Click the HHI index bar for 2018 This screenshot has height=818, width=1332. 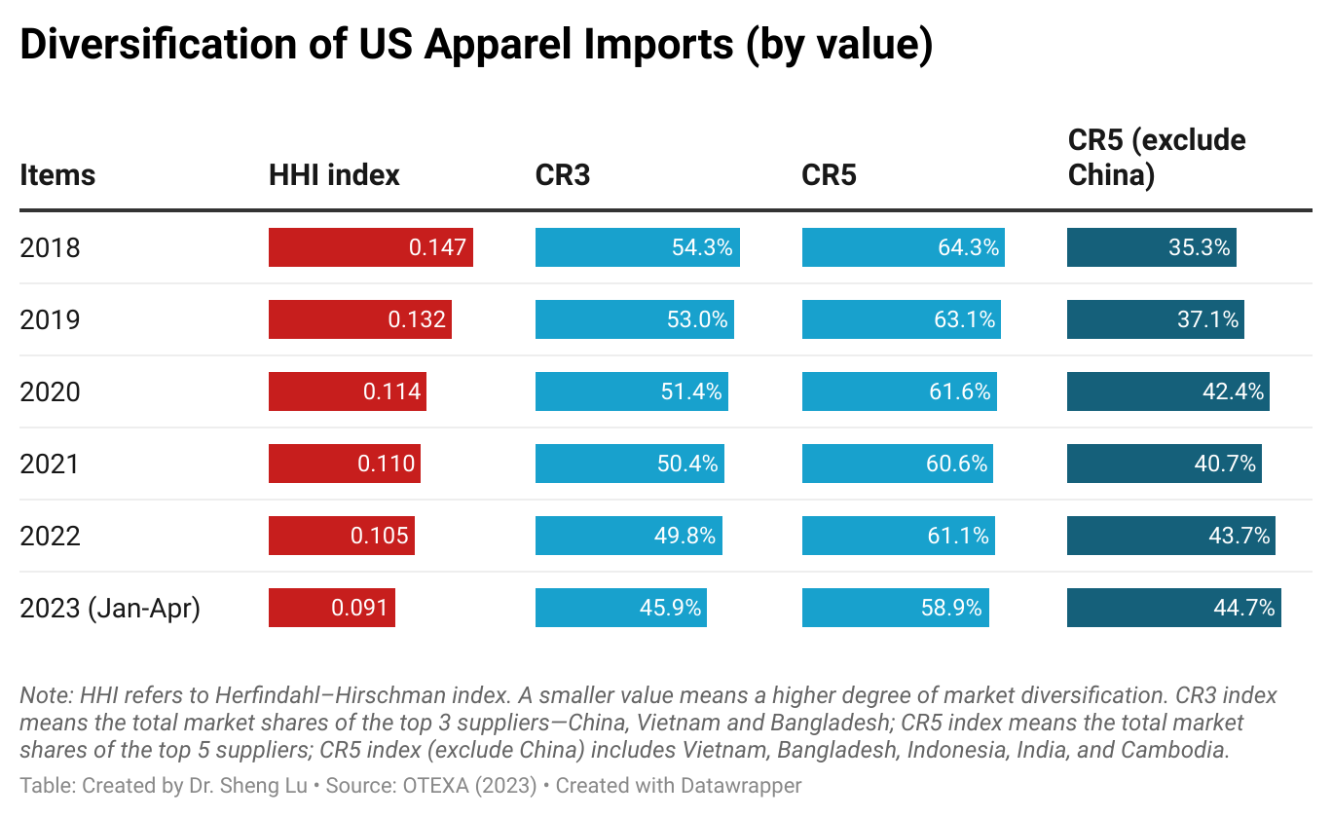pyautogui.click(x=370, y=247)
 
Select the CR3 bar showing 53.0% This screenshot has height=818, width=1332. pyautogui.click(x=634, y=319)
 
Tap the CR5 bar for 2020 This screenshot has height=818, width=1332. pyautogui.click(x=899, y=391)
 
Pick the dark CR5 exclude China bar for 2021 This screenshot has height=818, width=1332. pyautogui.click(x=1164, y=464)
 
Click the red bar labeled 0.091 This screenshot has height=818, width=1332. pyautogui.click(x=331, y=608)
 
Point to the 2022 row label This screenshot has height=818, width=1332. pyautogui.click(x=50, y=536)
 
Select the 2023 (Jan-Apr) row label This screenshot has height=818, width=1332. pyautogui.click(x=109, y=608)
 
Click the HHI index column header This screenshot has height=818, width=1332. pyautogui.click(x=334, y=175)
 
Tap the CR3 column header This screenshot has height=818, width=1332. pyautogui.click(x=563, y=175)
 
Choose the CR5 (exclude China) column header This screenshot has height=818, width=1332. pyautogui.click(x=1157, y=158)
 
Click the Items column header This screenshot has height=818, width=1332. pyautogui.click(x=57, y=175)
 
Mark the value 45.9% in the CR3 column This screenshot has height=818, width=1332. pyautogui.click(x=670, y=608)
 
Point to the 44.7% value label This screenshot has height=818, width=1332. pyautogui.click(x=1243, y=608)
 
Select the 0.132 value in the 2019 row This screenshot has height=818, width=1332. pyautogui.click(x=417, y=319)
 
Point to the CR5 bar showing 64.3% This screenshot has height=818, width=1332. pyautogui.click(x=903, y=247)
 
